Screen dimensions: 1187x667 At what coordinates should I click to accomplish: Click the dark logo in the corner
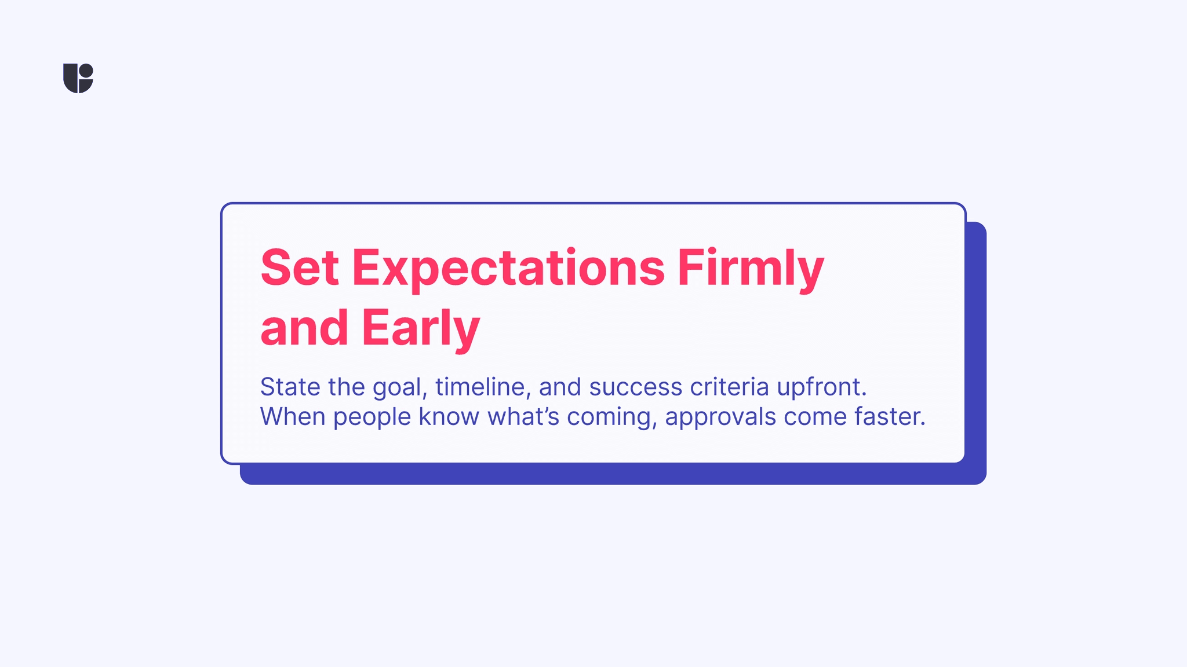click(x=78, y=78)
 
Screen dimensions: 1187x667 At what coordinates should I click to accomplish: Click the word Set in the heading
click(x=300, y=267)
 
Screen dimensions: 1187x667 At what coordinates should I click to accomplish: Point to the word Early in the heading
click(x=421, y=329)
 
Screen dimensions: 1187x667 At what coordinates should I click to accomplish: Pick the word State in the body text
click(x=290, y=387)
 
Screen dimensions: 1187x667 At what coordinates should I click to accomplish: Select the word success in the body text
click(x=636, y=387)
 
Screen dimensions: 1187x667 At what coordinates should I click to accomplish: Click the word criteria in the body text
click(x=730, y=387)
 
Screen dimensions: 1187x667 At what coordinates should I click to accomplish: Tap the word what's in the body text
click(x=523, y=417)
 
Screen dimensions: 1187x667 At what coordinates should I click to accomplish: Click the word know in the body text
click(x=449, y=417)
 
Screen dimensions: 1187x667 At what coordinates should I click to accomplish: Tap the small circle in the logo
click(x=86, y=71)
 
